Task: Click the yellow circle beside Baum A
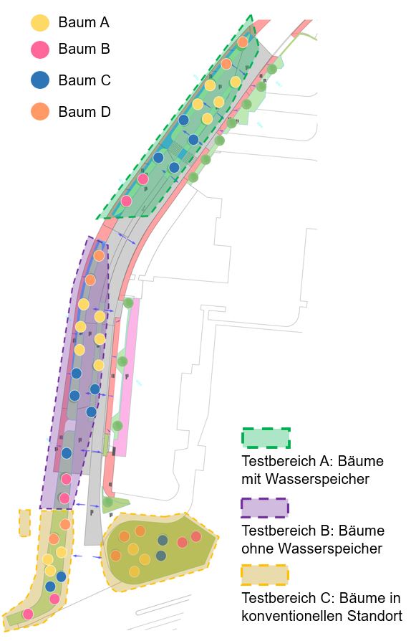pyautogui.click(x=40, y=23)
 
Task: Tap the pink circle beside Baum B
pyautogui.click(x=40, y=49)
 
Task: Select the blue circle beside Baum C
pyautogui.click(x=40, y=80)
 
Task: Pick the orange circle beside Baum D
pyautogui.click(x=40, y=111)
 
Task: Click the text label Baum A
pyautogui.click(x=84, y=22)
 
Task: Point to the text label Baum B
pyautogui.click(x=84, y=49)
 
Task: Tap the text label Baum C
pyautogui.click(x=84, y=80)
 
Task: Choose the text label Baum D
pyautogui.click(x=84, y=112)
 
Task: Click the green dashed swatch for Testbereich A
pyautogui.click(x=266, y=438)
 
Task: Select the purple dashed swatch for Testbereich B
pyautogui.click(x=265, y=508)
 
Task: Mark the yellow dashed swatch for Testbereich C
pyautogui.click(x=265, y=575)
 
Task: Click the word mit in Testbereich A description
pyautogui.click(x=250, y=479)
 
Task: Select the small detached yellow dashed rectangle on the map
pyautogui.click(x=24, y=523)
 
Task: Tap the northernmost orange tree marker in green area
pyautogui.click(x=243, y=42)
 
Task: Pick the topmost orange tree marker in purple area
pyautogui.click(x=99, y=256)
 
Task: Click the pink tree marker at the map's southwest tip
pyautogui.click(x=28, y=614)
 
